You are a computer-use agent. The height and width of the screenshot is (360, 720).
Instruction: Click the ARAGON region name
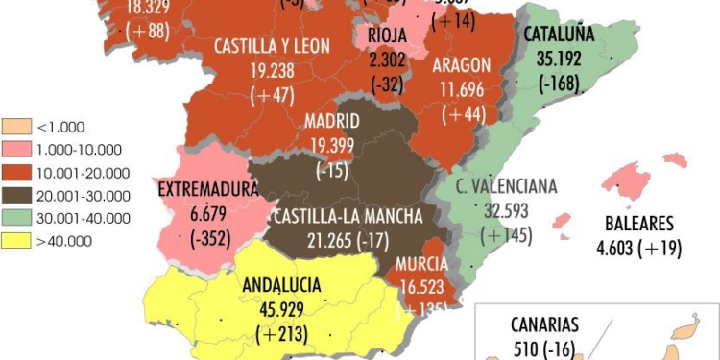point(462,65)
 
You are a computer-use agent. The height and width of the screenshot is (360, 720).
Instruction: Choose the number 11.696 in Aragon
point(462,89)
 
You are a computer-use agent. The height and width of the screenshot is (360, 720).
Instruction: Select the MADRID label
point(331,121)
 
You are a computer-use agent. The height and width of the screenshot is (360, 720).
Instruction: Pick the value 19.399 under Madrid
point(331,145)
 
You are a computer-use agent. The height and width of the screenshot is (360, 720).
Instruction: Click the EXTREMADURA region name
point(207,189)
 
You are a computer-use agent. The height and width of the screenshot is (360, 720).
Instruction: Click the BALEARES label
point(639,224)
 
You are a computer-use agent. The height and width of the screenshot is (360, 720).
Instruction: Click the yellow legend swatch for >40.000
point(18,241)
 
